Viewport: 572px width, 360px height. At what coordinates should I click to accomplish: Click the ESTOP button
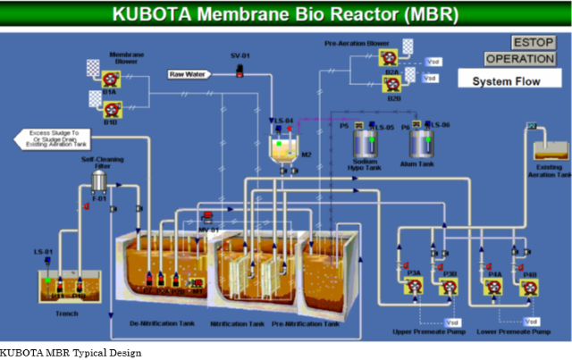click(534, 43)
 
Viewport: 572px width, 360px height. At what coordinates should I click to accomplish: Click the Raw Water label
click(189, 74)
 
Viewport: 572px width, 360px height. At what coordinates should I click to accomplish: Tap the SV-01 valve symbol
click(240, 71)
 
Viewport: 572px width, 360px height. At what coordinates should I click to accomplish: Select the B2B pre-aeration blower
click(391, 84)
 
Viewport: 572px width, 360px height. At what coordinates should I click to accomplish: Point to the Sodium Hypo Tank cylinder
click(366, 143)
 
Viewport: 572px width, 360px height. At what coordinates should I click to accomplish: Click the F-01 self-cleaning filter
click(100, 182)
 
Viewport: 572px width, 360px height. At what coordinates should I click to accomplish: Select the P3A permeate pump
click(415, 286)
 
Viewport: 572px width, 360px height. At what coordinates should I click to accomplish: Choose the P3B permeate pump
click(450, 286)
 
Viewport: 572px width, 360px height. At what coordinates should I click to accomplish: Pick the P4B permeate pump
click(529, 286)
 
